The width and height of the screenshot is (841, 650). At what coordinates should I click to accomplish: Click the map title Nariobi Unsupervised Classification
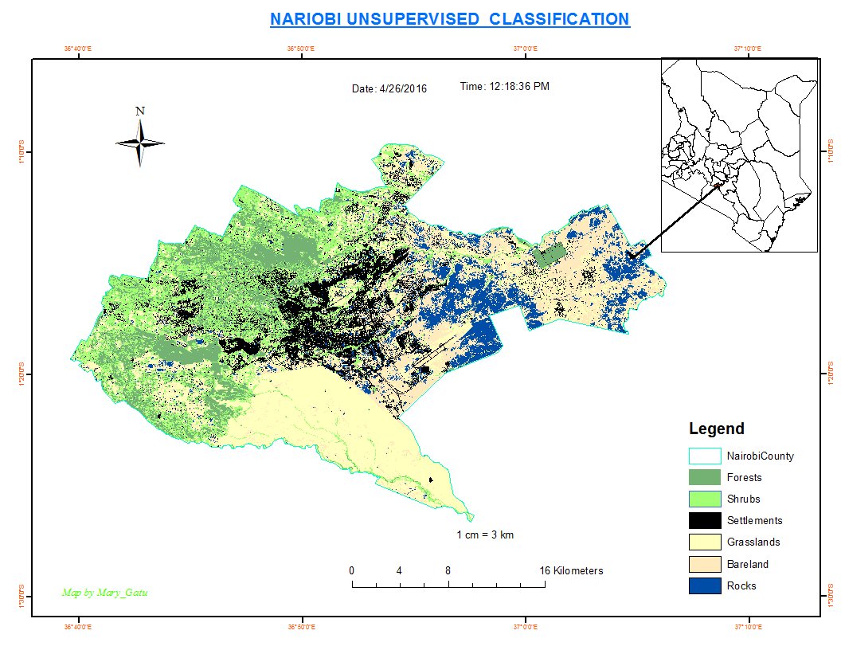[x=450, y=18]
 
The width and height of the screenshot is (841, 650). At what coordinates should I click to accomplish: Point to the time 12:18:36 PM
[x=504, y=86]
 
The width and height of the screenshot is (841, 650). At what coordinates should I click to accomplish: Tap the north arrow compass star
[x=140, y=143]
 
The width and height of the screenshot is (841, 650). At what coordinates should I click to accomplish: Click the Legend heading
[x=716, y=429]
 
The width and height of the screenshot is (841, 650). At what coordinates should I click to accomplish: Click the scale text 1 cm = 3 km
[x=485, y=534]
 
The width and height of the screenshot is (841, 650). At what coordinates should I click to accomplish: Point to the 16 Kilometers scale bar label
[x=571, y=570]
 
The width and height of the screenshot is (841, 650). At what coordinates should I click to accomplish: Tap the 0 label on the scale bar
[x=352, y=570]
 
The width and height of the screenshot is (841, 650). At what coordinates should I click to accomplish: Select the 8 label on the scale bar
[x=448, y=570]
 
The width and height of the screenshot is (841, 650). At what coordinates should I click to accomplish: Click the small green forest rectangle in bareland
[x=549, y=256]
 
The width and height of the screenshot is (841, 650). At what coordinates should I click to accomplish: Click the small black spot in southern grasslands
[x=432, y=480]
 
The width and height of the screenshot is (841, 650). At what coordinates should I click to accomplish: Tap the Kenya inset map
[x=740, y=155]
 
